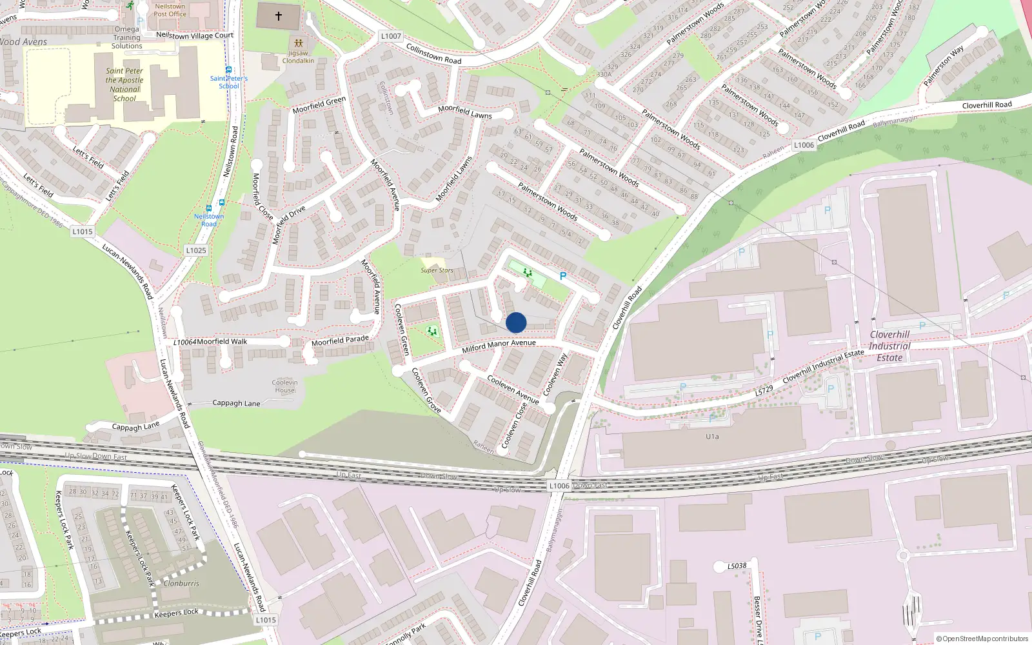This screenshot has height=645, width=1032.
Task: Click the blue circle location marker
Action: (x=516, y=322)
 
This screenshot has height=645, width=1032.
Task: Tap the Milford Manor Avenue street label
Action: (x=499, y=346)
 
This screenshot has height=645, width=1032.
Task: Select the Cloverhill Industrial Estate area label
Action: (x=889, y=346)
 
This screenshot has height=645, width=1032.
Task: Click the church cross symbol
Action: (x=279, y=16)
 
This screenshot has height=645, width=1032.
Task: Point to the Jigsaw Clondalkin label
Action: (x=298, y=57)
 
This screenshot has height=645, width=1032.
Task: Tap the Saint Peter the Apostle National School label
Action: (x=124, y=84)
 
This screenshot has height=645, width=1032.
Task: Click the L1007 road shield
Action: (x=391, y=36)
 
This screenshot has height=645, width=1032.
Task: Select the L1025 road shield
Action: (x=196, y=250)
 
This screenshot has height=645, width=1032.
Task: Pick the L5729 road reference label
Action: (x=764, y=391)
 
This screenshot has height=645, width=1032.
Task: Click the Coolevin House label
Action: (x=284, y=386)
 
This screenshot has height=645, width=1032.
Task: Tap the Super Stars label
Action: (x=437, y=270)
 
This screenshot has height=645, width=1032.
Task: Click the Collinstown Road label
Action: (x=433, y=54)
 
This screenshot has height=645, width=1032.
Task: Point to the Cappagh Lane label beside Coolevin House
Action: (x=237, y=403)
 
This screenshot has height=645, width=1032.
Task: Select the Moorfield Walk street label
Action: (x=222, y=341)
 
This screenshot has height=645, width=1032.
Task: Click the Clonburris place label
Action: (x=181, y=583)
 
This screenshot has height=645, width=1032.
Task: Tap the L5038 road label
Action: (x=737, y=566)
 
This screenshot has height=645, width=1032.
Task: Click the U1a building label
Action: (x=712, y=437)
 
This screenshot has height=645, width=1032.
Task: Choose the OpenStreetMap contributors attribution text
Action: (x=982, y=639)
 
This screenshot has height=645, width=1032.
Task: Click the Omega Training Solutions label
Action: (x=126, y=37)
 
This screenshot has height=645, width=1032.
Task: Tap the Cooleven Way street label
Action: (x=555, y=374)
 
